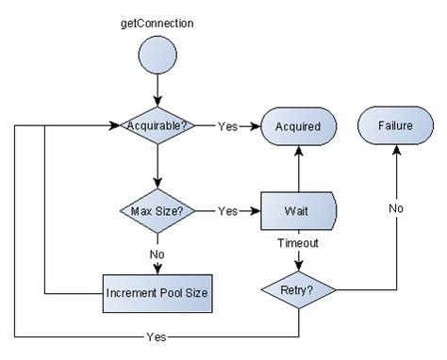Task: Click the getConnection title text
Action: coord(157,21)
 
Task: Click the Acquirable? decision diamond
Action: coord(157,126)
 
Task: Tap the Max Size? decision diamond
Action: coord(157,211)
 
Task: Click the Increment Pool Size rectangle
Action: coord(157,291)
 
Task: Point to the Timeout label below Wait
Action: coord(298,243)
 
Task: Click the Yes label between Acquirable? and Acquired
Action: coord(228,126)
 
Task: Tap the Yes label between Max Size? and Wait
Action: coord(228,211)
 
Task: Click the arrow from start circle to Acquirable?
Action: coord(157,94)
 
